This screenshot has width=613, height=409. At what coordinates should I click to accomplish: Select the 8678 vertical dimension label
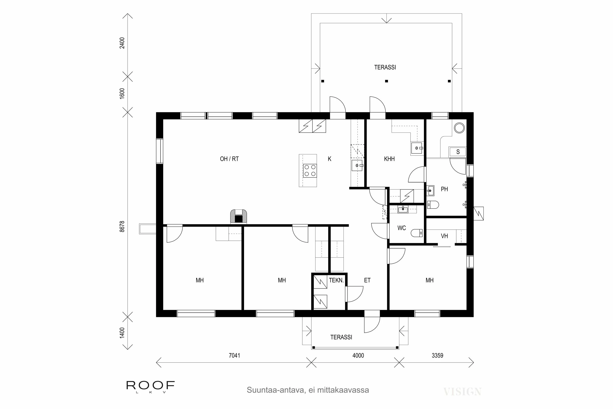pyautogui.click(x=122, y=226)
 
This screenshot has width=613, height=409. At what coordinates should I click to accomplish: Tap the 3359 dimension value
pyautogui.click(x=437, y=355)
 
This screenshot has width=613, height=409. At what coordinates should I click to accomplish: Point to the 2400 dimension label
pyautogui.click(x=122, y=43)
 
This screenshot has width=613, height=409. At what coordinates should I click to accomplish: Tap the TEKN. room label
pyautogui.click(x=336, y=280)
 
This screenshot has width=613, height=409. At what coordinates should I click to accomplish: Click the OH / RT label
pyautogui.click(x=229, y=159)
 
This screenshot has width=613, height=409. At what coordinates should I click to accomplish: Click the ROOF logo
pyautogui.click(x=150, y=385)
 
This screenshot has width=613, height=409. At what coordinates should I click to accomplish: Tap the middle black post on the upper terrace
pyautogui.click(x=387, y=81)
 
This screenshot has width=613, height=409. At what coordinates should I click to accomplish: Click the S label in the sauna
pyautogui.click(x=458, y=152)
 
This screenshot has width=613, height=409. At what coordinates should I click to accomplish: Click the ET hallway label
pyautogui.click(x=367, y=280)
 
